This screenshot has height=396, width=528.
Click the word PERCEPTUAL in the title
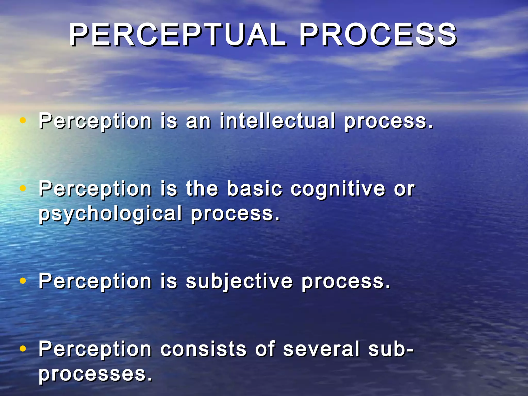click(x=178, y=35)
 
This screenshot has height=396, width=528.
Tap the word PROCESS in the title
click(x=378, y=35)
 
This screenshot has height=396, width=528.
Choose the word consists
click(x=203, y=349)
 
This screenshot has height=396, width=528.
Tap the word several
click(x=321, y=349)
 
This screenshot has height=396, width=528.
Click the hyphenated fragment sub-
click(x=391, y=349)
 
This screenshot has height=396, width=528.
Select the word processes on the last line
click(x=95, y=374)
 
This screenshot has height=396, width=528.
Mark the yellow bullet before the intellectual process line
click(x=23, y=120)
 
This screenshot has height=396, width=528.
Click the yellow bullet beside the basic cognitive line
click(x=23, y=188)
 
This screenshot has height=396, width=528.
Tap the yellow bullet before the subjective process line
click(x=23, y=280)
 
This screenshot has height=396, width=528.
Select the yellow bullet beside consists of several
click(x=23, y=349)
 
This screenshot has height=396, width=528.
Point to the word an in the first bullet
click(x=198, y=121)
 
